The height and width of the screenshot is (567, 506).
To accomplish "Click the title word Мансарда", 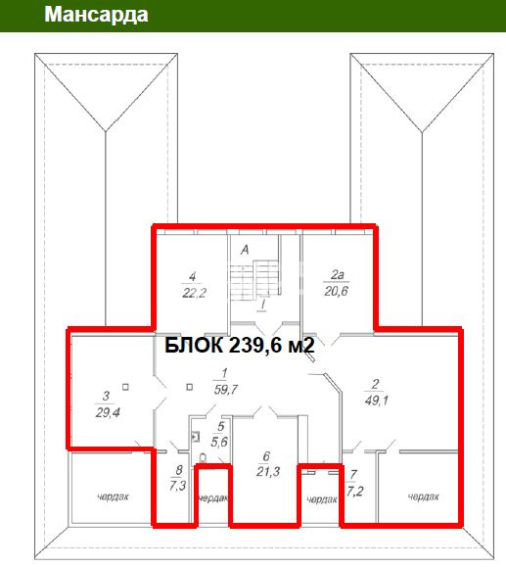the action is [96, 15].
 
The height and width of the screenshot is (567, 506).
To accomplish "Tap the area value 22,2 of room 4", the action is [194, 293].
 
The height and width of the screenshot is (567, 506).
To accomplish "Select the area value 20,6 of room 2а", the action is [336, 291].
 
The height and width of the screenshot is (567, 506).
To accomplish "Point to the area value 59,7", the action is [226, 390].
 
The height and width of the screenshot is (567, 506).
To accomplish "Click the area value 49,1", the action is [376, 401].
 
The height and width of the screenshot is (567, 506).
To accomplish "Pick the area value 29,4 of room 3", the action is [108, 412].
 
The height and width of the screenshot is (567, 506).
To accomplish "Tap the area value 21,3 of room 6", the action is [268, 472].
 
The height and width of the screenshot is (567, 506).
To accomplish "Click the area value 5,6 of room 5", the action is [219, 442].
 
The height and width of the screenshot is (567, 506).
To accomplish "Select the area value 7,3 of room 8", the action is [177, 486].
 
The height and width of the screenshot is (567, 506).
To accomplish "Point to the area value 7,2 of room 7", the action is [354, 492].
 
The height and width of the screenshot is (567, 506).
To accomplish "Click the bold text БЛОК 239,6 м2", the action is [240, 346].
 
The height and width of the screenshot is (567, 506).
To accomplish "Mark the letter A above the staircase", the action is [245, 250].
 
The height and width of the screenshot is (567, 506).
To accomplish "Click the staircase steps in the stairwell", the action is [254, 280].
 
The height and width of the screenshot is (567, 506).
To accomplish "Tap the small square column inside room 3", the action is [125, 387].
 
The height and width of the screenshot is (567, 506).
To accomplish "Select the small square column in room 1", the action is [190, 387].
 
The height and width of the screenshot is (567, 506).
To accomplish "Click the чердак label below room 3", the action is [113, 496].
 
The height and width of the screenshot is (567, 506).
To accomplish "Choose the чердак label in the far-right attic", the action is [423, 496].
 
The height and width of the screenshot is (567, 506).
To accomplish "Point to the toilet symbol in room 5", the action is [203, 458].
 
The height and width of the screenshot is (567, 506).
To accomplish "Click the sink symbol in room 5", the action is [196, 437].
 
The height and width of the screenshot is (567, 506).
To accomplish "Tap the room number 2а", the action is [338, 275].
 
